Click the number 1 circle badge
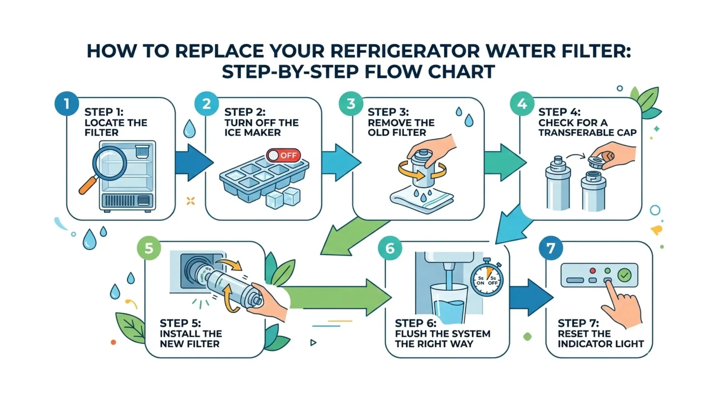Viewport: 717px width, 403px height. (x=67, y=104)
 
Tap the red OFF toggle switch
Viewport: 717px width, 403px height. (x=283, y=155)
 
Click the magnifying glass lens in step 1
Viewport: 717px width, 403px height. (x=110, y=163)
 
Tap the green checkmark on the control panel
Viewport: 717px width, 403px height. (x=624, y=275)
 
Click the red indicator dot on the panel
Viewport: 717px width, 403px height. (x=592, y=271)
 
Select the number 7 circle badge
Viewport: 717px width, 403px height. (x=551, y=248)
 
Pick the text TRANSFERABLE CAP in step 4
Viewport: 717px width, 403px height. (x=587, y=133)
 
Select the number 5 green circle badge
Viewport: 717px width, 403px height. (x=149, y=248)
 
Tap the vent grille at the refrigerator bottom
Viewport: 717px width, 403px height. (x=120, y=201)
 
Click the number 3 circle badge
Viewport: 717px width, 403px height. (x=351, y=104)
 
